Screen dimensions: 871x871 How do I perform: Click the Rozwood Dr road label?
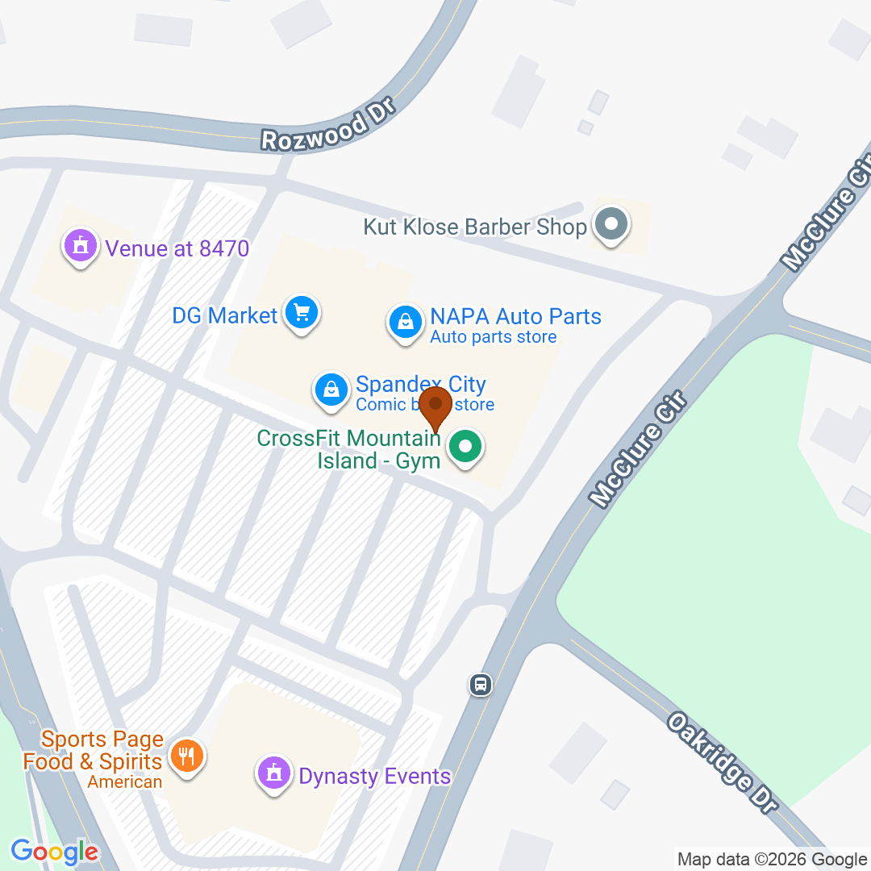tap(327, 125)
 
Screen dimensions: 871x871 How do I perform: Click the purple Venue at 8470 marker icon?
tap(80, 245)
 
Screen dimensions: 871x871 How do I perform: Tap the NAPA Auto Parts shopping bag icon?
tap(406, 321)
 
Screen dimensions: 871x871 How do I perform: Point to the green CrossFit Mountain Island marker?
tap(465, 445)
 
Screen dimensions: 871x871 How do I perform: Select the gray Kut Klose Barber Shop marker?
tap(611, 224)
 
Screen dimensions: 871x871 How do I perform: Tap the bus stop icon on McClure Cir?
tap(481, 685)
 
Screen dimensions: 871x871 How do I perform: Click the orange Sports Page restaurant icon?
tap(187, 756)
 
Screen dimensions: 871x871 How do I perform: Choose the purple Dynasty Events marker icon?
tap(274, 773)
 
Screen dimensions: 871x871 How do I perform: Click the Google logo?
tap(55, 852)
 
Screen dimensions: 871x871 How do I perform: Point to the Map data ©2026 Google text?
tap(772, 860)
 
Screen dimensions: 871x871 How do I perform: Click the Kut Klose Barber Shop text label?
tap(475, 227)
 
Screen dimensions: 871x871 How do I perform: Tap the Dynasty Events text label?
tap(375, 776)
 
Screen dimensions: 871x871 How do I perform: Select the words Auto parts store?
tap(494, 337)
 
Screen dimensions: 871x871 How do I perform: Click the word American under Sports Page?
tap(125, 781)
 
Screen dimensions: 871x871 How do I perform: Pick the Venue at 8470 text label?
tap(177, 248)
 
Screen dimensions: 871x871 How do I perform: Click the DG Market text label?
tap(225, 315)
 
